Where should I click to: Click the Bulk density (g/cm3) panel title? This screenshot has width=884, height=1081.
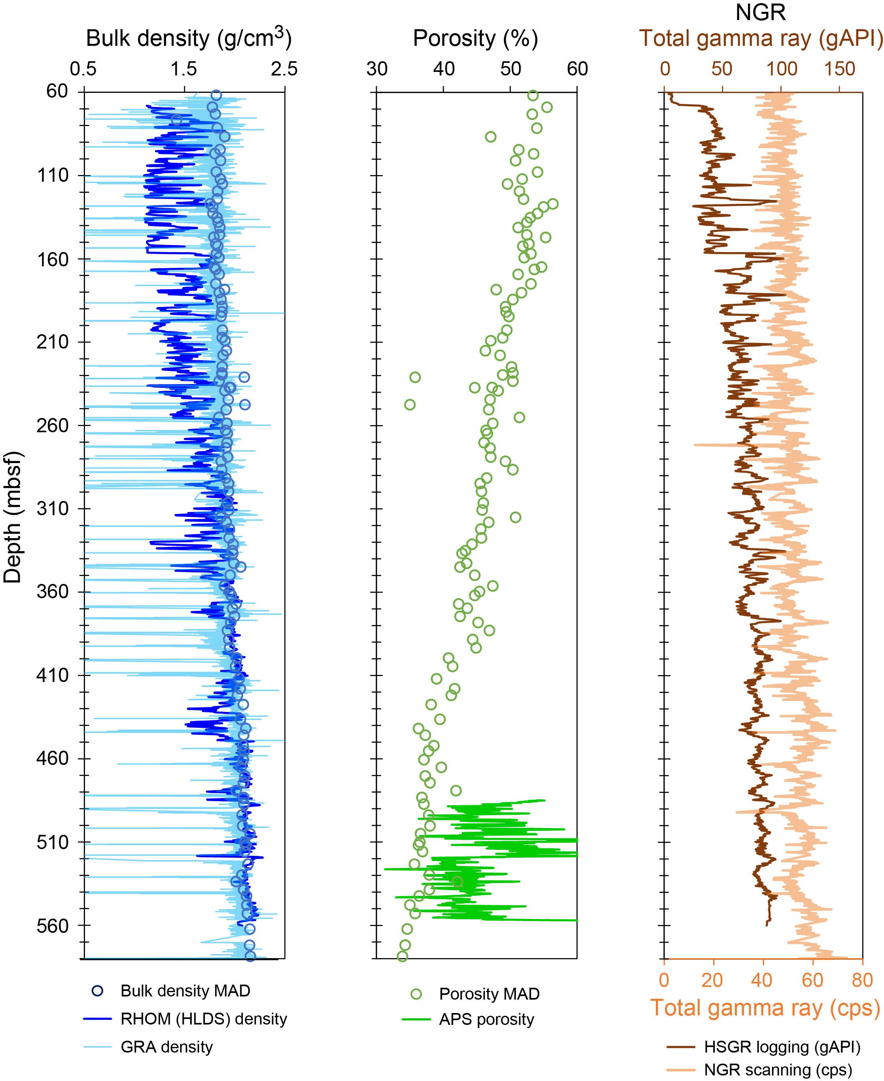(x=189, y=38)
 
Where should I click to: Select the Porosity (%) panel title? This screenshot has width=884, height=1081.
(x=475, y=38)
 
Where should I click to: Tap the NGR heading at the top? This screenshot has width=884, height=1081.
(x=760, y=12)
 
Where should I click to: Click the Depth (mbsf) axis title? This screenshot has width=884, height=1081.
(x=12, y=516)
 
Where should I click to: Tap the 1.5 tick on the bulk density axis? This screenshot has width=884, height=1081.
(x=184, y=69)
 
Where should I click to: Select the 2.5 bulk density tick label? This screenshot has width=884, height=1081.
(x=284, y=69)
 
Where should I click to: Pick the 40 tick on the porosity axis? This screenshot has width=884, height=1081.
(x=444, y=69)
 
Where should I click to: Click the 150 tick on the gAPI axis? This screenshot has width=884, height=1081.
(x=839, y=69)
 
